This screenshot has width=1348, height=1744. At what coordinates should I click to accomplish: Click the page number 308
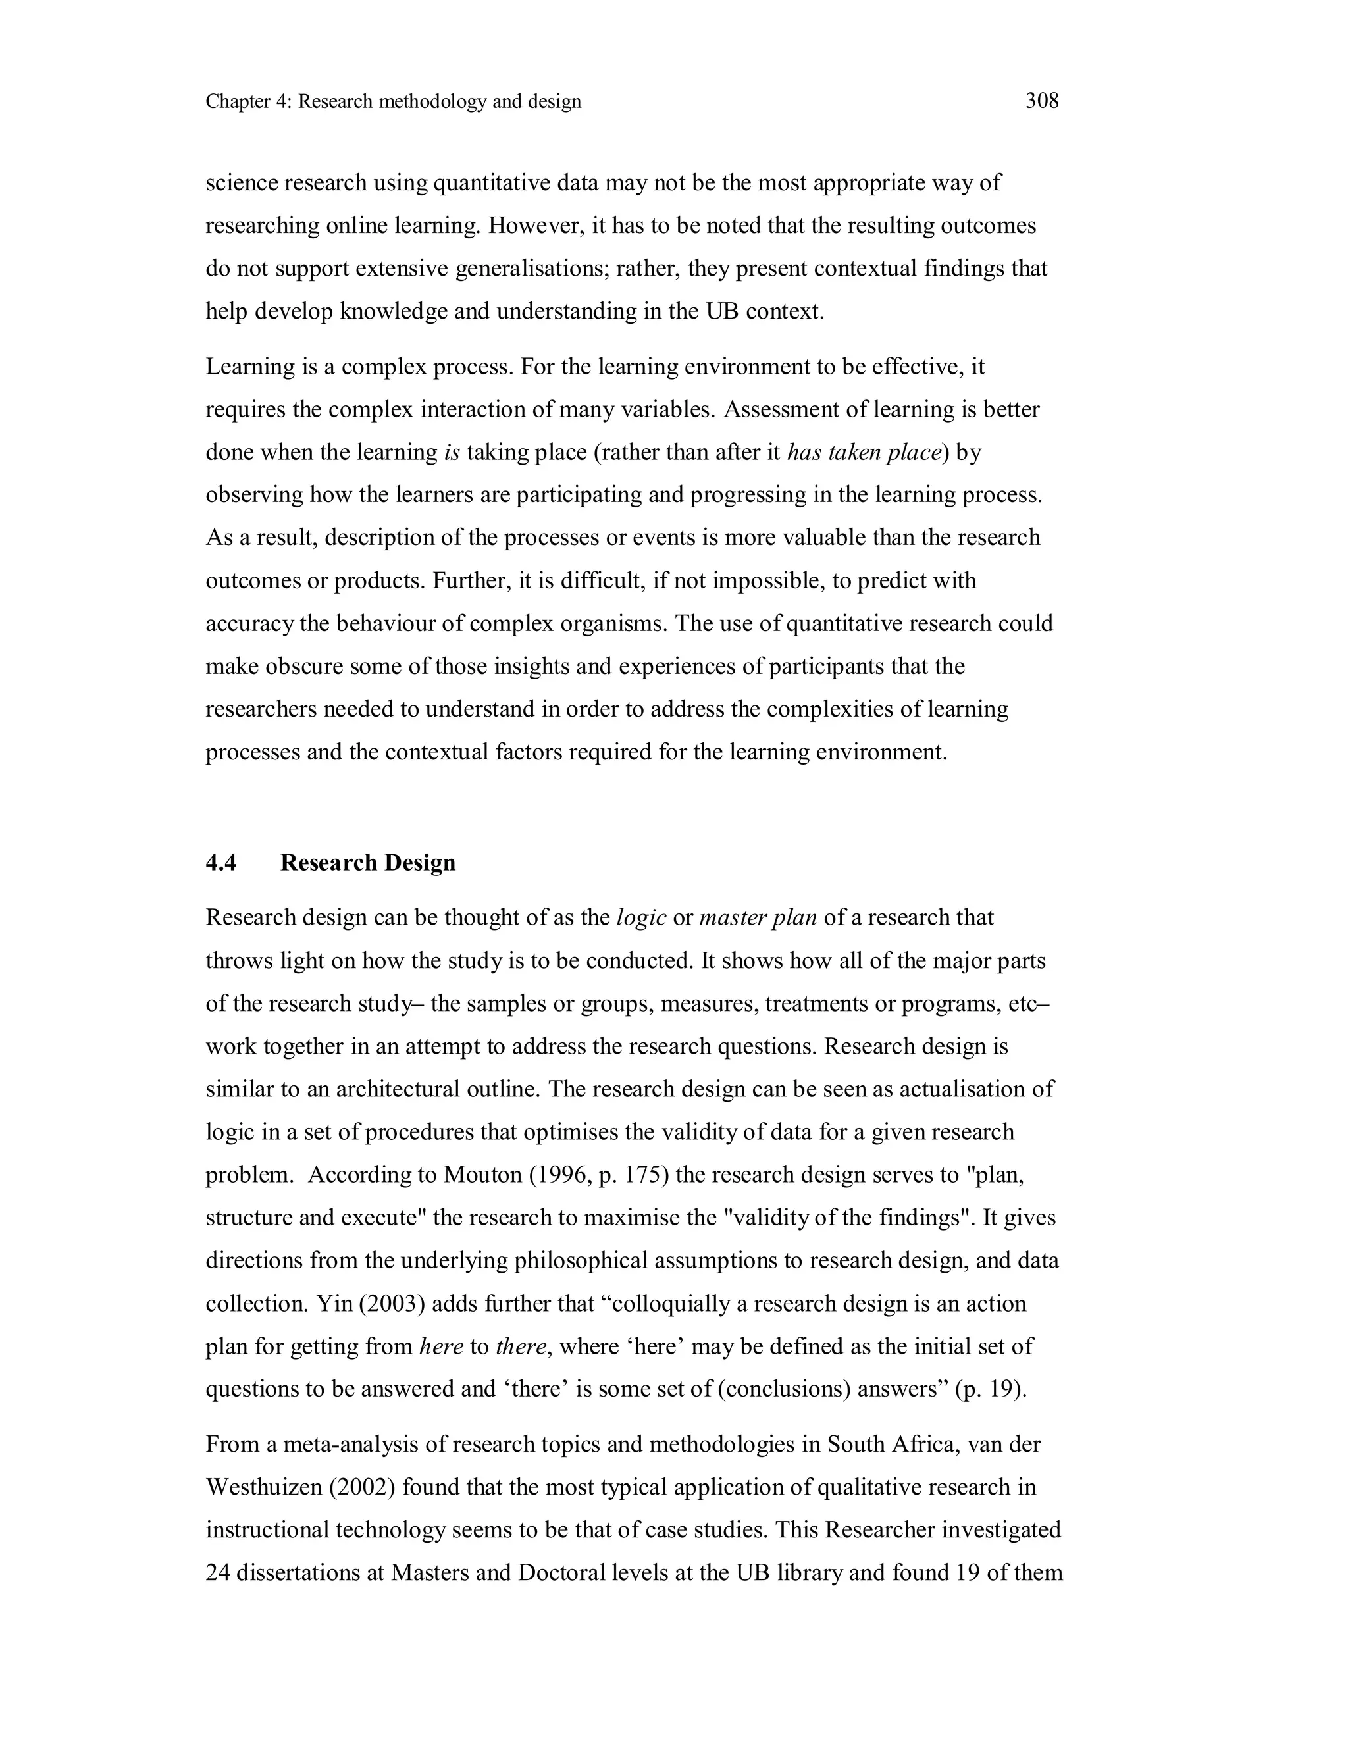pyautogui.click(x=1041, y=101)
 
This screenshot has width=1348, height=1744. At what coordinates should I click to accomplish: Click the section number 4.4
pyautogui.click(x=221, y=862)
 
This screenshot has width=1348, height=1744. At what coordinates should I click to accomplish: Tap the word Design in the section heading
pyautogui.click(x=419, y=862)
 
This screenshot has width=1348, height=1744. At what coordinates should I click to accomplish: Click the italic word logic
pyautogui.click(x=641, y=917)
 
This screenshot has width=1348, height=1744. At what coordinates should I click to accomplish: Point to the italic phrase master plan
pyautogui.click(x=757, y=917)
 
